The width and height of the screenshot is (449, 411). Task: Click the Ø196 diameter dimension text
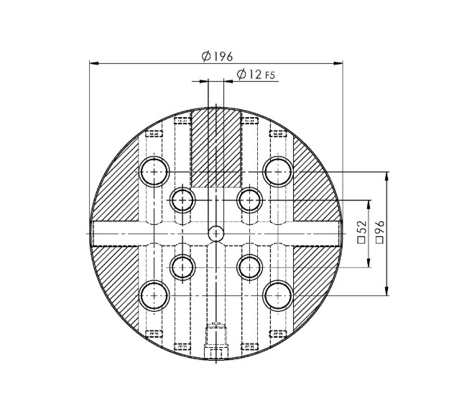[217, 57]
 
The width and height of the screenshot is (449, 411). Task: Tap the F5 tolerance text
[271, 75]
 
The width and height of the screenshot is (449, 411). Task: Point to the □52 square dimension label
[361, 233]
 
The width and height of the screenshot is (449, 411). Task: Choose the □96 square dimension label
[380, 233]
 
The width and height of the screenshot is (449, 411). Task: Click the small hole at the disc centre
[216, 233]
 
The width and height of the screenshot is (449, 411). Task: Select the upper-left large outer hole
[154, 171]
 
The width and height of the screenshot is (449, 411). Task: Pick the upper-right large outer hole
[278, 171]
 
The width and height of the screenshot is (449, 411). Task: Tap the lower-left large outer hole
[154, 295]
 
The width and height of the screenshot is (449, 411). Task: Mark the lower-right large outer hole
[278, 295]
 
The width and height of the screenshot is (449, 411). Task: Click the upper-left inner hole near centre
[182, 199]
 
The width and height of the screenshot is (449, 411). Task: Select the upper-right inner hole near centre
[249, 199]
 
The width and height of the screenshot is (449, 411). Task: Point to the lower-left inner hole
[182, 267]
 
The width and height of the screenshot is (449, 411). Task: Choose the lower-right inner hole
[249, 267]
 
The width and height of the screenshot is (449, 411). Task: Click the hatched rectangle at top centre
[216, 147]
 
